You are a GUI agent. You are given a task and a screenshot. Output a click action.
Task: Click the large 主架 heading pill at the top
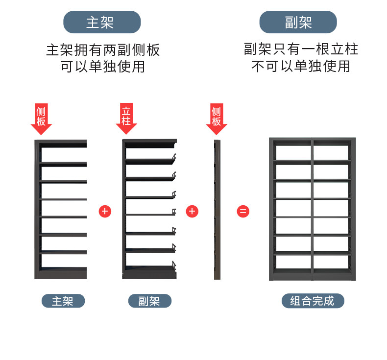point(102,22)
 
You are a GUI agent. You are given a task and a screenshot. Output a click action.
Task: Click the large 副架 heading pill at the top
point(298,22)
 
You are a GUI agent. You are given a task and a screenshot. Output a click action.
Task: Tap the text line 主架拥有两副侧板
point(103,49)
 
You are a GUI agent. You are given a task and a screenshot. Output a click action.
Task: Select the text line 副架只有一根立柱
point(301,49)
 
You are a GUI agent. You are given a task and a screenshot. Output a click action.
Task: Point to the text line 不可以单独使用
point(301,66)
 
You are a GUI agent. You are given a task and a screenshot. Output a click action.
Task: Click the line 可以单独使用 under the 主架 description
point(103,66)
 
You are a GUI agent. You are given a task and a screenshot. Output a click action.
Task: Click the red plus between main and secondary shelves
point(105,212)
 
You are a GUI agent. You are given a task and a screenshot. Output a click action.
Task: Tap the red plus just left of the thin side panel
point(192,212)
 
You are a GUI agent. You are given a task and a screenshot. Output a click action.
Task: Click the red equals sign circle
point(243,212)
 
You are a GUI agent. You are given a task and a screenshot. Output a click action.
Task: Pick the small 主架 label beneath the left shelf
point(63,301)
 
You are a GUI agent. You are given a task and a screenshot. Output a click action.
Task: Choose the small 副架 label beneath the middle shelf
point(149,301)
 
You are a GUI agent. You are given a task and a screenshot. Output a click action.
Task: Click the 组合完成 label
point(313,301)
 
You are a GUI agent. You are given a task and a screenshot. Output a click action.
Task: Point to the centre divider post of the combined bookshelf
point(312,210)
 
